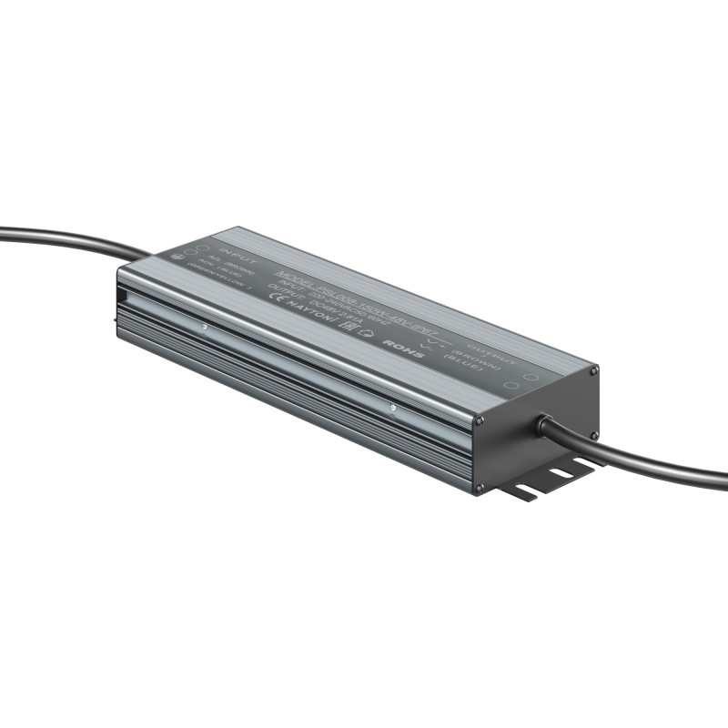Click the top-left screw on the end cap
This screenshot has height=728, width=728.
pyautogui.click(x=480, y=421)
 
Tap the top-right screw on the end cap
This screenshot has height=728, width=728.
pyautogui.click(x=594, y=370)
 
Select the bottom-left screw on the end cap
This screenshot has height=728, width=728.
pyautogui.click(x=477, y=489)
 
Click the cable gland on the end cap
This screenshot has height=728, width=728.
pyautogui.click(x=544, y=424)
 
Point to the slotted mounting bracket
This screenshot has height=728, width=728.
pyautogui.click(x=546, y=480)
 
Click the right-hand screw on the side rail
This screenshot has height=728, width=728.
pyautogui.click(x=392, y=409)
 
